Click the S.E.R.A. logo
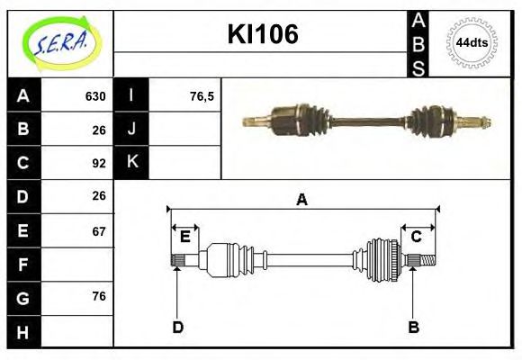tap(58, 43)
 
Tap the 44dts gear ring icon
tap(472, 43)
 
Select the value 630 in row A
tap(95, 96)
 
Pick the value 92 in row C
tap(99, 163)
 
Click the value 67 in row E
tap(99, 231)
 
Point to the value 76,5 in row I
tap(202, 96)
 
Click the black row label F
tap(23, 265)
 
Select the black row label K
tap(132, 162)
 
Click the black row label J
tap(132, 129)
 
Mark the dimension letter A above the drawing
tap(302, 200)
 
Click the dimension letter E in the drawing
tap(184, 237)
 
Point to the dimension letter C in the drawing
tap(417, 237)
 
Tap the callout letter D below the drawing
tap(177, 327)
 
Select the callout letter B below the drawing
tap(414, 327)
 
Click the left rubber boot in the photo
tap(307, 117)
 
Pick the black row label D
tap(23, 196)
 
